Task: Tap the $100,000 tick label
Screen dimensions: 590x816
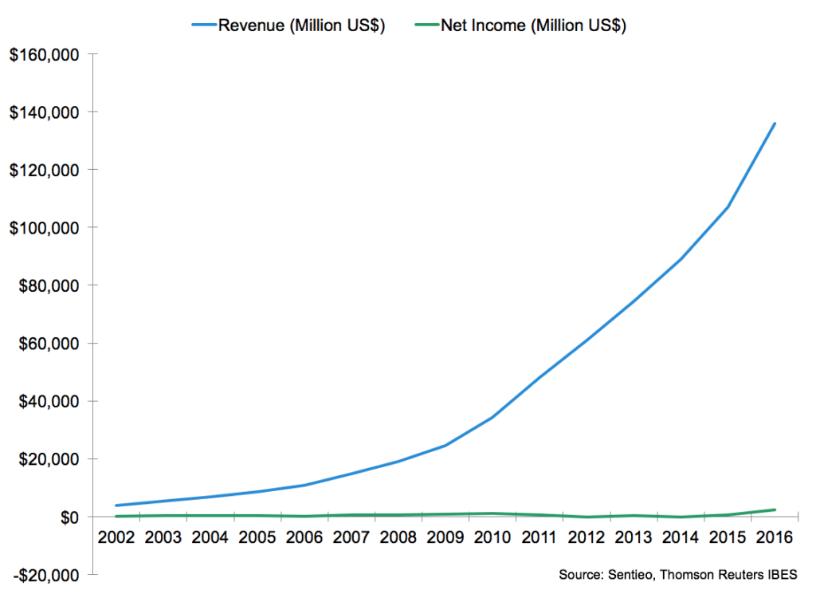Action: tap(46, 228)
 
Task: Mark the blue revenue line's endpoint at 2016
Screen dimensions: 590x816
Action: tap(775, 124)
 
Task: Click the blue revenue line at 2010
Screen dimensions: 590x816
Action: tap(492, 417)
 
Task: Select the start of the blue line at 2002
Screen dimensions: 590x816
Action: tap(116, 505)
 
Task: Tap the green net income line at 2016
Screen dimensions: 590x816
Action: tap(775, 509)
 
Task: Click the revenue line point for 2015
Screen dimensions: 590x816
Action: tap(728, 207)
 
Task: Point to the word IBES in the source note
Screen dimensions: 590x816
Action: tap(782, 575)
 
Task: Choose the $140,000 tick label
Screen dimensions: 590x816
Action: tap(46, 112)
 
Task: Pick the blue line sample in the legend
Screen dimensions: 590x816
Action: tap(204, 26)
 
